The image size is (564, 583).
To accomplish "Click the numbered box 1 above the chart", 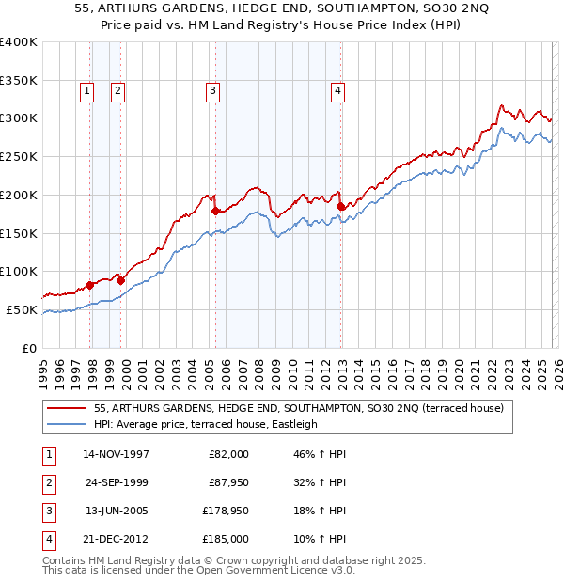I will click(x=86, y=91).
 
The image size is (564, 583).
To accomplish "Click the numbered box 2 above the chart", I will click(x=117, y=91).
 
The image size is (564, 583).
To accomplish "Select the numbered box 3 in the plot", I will click(x=213, y=91).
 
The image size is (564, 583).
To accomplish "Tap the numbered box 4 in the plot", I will click(x=337, y=91).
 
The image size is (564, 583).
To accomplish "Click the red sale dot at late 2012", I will click(x=340, y=205).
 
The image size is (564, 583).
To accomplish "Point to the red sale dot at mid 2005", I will click(x=215, y=210).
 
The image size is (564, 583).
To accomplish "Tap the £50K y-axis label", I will click(x=22, y=309).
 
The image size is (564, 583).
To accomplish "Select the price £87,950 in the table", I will click(x=228, y=482).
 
